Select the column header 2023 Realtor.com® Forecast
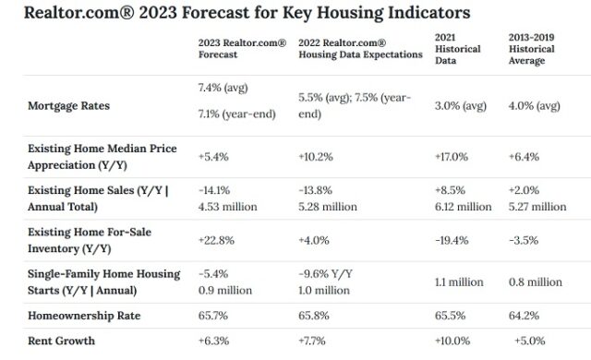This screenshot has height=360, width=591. [242, 48]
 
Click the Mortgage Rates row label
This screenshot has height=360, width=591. [69, 106]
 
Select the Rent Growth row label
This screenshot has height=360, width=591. [61, 341]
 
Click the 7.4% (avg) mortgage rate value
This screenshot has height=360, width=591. [224, 88]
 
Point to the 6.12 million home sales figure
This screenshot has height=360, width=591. [463, 207]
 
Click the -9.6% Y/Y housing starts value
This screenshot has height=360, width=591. [324, 272]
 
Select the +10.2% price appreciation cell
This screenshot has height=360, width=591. [317, 157]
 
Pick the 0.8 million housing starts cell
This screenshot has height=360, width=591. [535, 282]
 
